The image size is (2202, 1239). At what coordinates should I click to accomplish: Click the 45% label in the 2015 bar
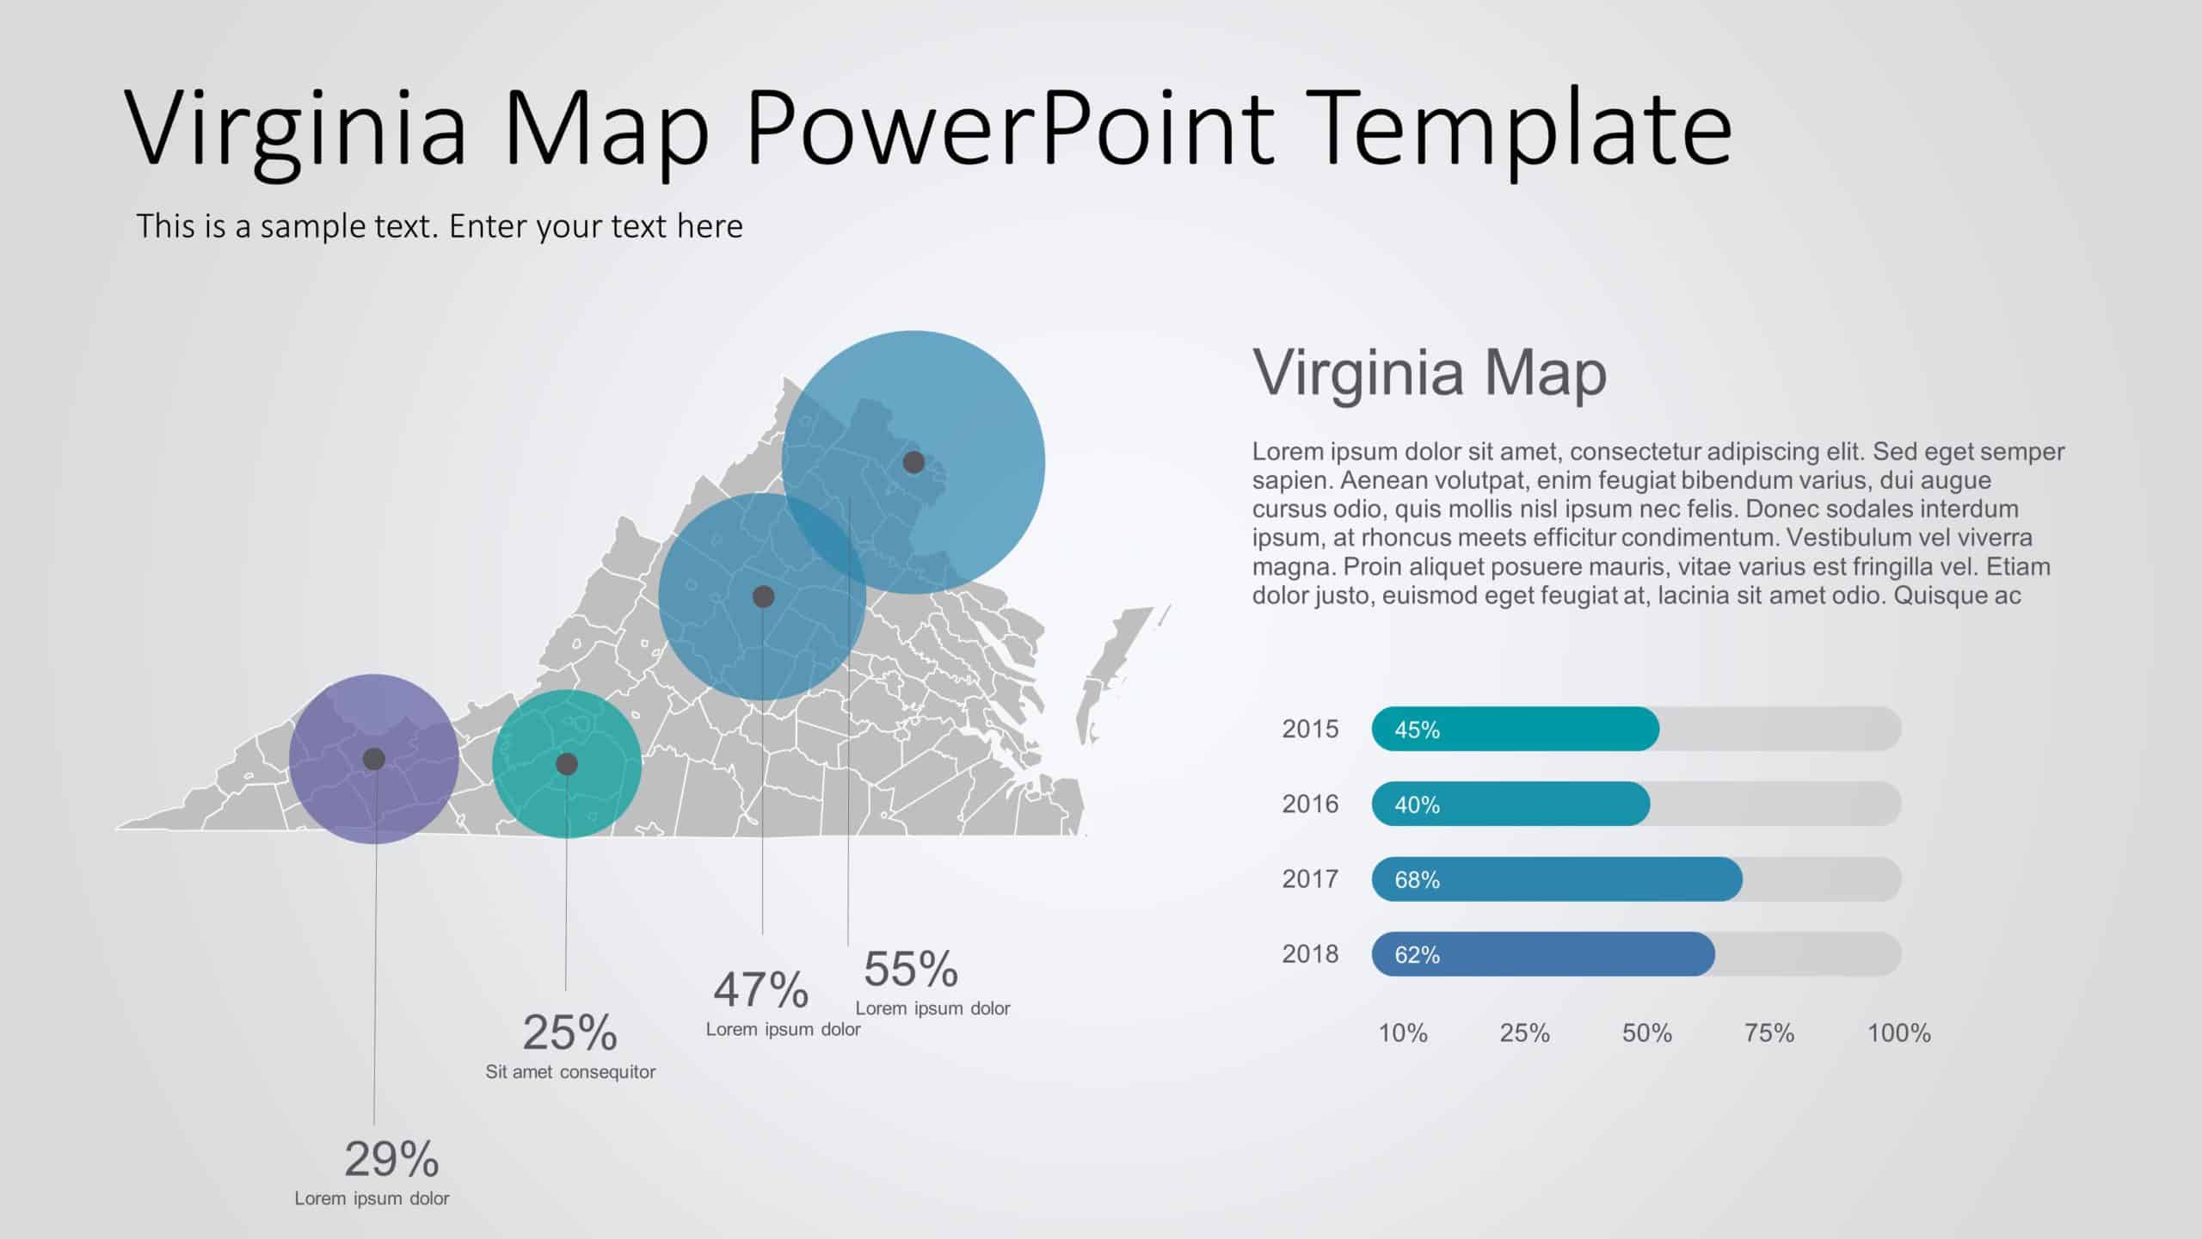[1417, 730]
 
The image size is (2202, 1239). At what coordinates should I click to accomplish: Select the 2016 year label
[1310, 804]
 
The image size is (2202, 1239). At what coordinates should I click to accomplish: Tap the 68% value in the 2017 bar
[1417, 879]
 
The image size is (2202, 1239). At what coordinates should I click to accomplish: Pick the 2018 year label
[1310, 953]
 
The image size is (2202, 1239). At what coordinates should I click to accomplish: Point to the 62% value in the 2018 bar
[1417, 954]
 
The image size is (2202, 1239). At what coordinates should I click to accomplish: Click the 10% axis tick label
[1403, 1032]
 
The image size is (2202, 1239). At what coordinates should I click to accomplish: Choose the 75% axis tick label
[1768, 1032]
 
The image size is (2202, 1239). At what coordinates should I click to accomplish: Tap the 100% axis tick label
[1898, 1032]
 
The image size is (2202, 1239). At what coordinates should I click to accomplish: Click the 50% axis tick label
[1646, 1032]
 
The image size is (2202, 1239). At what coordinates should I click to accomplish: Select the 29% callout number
[391, 1159]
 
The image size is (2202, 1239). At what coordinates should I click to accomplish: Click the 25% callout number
[569, 1032]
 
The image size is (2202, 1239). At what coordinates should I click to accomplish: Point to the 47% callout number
[760, 989]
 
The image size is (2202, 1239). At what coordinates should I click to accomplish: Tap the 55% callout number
[910, 969]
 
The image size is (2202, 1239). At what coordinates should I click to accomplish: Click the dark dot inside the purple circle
[374, 759]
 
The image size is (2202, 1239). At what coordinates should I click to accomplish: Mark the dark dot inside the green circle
[567, 764]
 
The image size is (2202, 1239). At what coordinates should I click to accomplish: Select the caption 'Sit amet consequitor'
[570, 1072]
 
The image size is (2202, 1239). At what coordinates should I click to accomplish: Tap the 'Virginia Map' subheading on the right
[1430, 373]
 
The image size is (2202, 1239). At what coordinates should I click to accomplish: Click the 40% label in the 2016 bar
[1417, 804]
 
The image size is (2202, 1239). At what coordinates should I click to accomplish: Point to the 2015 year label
[1310, 729]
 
